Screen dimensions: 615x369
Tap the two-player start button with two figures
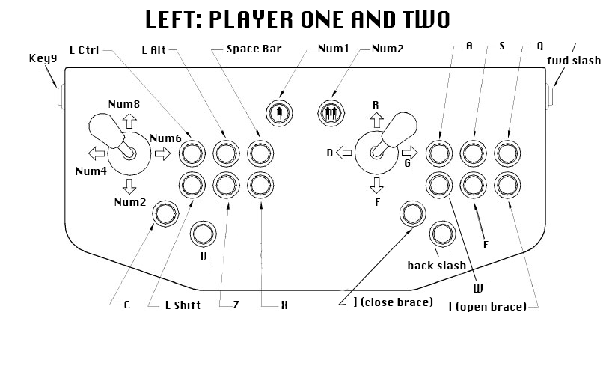[x=330, y=114]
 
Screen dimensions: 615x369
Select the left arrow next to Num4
[x=96, y=153]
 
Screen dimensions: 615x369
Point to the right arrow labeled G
[x=409, y=153]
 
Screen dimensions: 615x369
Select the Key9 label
[x=42, y=58]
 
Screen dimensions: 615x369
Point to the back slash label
[x=436, y=266]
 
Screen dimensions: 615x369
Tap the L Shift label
[x=183, y=305]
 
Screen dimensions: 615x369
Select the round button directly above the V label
[x=202, y=234]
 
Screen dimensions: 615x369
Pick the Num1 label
[x=333, y=49]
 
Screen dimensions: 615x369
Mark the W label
[x=476, y=287]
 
